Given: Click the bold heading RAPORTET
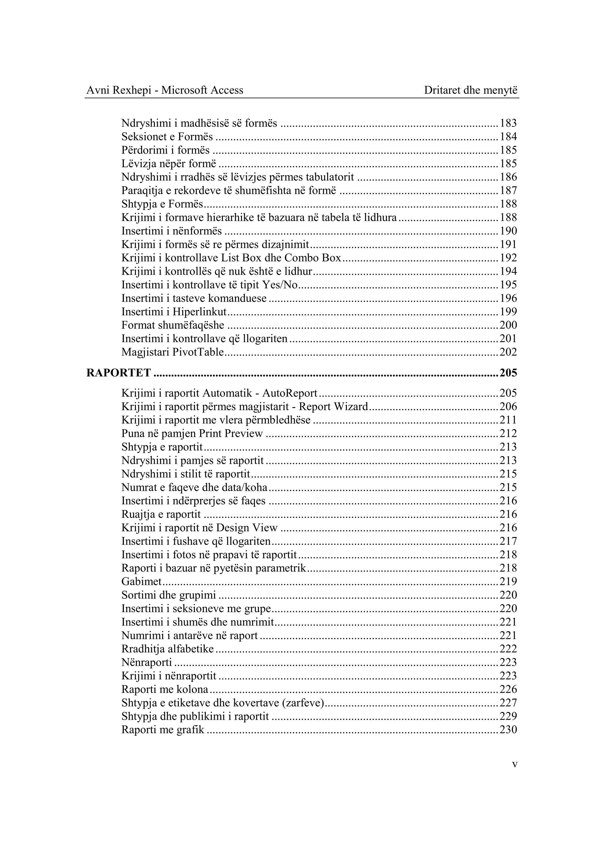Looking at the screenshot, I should [119, 373].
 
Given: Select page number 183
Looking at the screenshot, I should [508, 123].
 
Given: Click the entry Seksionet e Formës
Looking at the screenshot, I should [167, 137].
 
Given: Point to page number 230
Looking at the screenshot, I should [508, 730].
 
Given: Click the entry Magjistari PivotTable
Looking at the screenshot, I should [173, 352].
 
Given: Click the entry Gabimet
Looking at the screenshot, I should [141, 581].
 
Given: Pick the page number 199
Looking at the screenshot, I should [508, 312].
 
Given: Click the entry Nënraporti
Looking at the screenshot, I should [147, 662].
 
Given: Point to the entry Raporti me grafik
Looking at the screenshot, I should [163, 730].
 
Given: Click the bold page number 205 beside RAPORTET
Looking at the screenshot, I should [508, 373].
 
